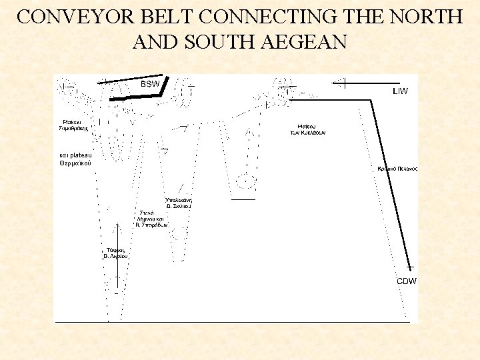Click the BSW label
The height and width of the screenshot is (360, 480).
[150, 85]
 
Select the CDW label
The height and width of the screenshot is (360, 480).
[407, 281]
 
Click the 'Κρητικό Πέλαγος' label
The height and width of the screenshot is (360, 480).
[397, 169]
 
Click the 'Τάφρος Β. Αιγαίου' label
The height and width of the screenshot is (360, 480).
[115, 253]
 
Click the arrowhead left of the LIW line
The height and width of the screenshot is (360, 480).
[339, 83]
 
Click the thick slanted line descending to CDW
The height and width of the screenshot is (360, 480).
[391, 180]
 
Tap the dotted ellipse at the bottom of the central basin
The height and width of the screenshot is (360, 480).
[247, 180]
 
